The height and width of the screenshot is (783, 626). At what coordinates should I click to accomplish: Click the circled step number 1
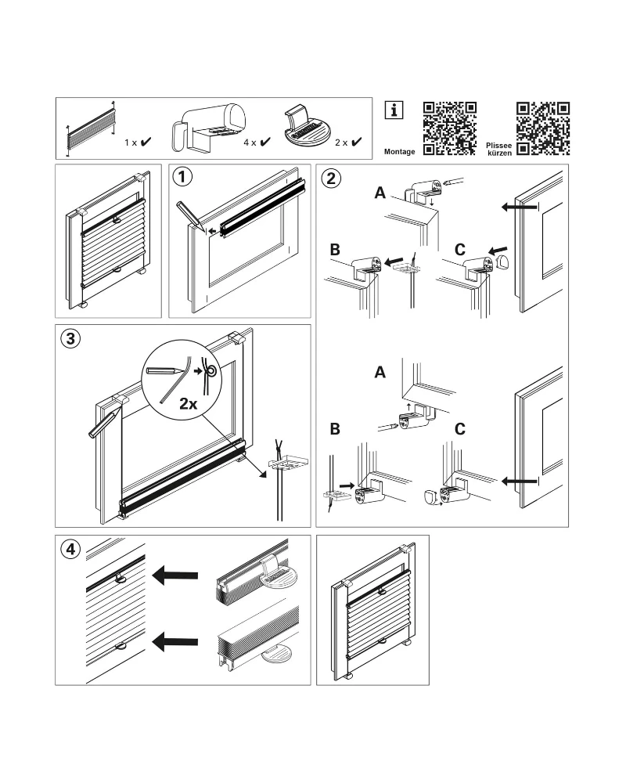[182, 177]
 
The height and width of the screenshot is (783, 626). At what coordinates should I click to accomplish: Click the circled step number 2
[332, 177]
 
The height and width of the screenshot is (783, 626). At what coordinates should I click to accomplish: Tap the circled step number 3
[70, 339]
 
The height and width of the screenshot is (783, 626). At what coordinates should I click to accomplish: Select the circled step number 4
[70, 549]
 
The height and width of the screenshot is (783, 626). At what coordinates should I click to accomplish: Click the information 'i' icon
[394, 110]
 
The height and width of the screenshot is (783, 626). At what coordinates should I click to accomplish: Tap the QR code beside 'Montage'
[450, 128]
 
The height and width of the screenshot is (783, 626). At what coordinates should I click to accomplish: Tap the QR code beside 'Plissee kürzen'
[543, 128]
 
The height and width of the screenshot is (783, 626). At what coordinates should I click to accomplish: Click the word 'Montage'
[400, 149]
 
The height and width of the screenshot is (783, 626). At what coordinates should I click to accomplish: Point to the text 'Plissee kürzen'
[499, 148]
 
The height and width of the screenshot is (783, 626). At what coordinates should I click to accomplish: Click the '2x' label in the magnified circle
[188, 404]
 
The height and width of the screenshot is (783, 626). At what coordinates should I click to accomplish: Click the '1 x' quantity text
[131, 143]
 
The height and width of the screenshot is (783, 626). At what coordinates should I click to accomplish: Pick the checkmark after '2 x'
[356, 143]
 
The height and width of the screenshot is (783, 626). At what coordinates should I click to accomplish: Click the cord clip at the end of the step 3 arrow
[285, 464]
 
